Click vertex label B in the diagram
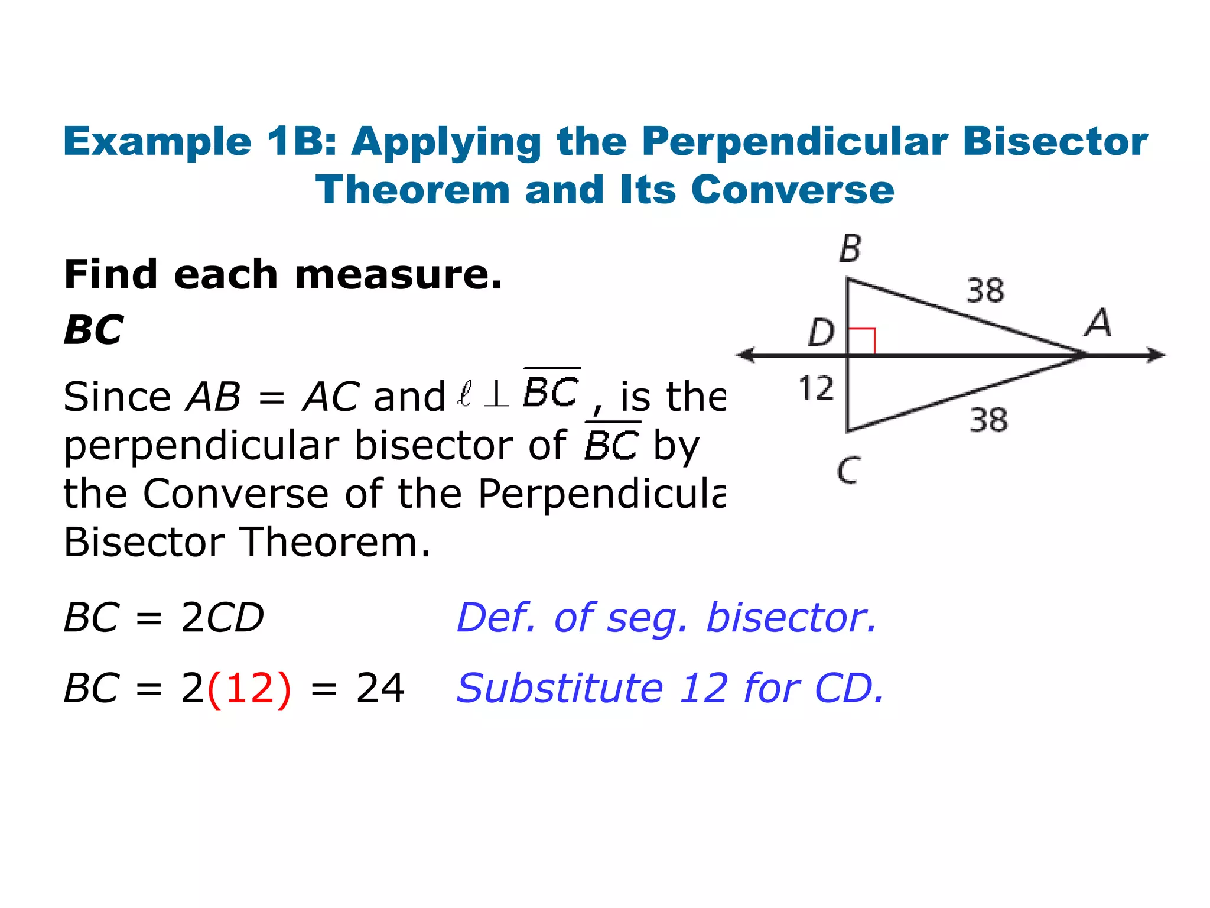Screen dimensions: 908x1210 (850, 249)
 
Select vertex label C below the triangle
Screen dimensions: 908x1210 (848, 471)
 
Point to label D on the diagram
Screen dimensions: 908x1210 (821, 332)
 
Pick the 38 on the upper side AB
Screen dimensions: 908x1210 (985, 291)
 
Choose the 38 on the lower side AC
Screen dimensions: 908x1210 (988, 420)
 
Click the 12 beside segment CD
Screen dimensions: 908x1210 (816, 388)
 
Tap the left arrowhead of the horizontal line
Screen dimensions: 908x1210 (746, 355)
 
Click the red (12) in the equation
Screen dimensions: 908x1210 (250, 689)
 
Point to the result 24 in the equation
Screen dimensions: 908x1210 (380, 689)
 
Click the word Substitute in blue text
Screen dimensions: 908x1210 (560, 689)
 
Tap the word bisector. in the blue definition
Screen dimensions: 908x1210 (791, 618)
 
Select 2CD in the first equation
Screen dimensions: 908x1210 (223, 618)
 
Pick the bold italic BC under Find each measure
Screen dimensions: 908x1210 (94, 330)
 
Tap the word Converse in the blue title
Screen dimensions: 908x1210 (792, 190)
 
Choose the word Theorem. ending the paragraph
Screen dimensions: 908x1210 (336, 542)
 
